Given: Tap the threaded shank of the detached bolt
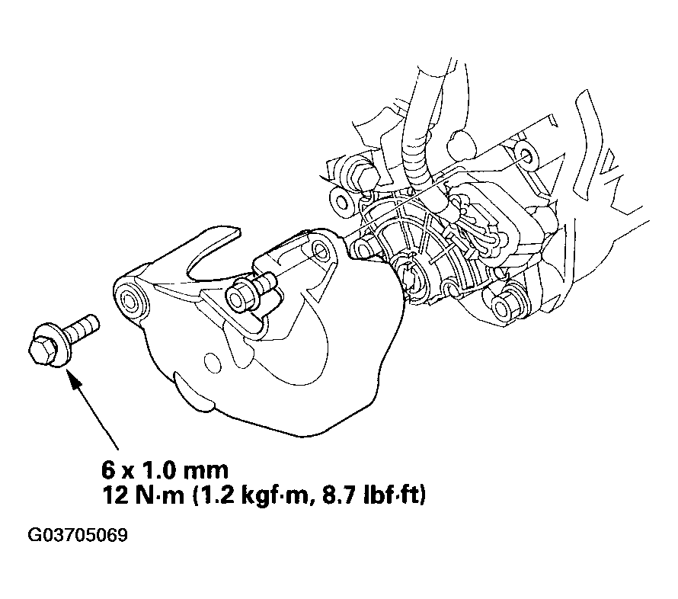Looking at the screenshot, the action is click(82, 329).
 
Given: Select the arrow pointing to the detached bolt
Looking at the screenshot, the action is click(94, 411).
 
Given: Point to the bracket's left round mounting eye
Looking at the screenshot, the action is click(130, 299).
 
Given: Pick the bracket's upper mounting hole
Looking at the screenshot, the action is click(321, 251).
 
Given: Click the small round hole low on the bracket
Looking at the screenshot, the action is click(212, 363).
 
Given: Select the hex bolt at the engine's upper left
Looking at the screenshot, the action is click(363, 172).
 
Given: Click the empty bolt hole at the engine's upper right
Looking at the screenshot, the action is click(526, 156).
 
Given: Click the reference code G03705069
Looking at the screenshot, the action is click(78, 535).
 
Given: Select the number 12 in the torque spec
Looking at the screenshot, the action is click(114, 495).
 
